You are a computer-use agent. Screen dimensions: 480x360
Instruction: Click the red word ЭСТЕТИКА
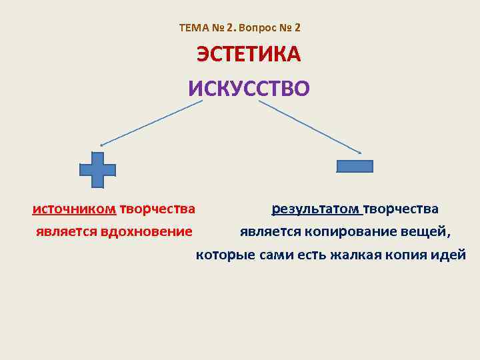tap(248, 55)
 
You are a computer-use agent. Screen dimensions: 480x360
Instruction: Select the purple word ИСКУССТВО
tap(249, 88)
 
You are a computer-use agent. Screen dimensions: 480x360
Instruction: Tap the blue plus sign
tap(97, 169)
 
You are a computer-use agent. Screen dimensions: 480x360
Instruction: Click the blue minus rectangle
tap(355, 166)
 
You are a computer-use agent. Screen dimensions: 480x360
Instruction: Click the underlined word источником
tap(74, 209)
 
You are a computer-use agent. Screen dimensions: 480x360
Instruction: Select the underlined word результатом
tap(316, 209)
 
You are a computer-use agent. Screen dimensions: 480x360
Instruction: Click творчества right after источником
tap(157, 209)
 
